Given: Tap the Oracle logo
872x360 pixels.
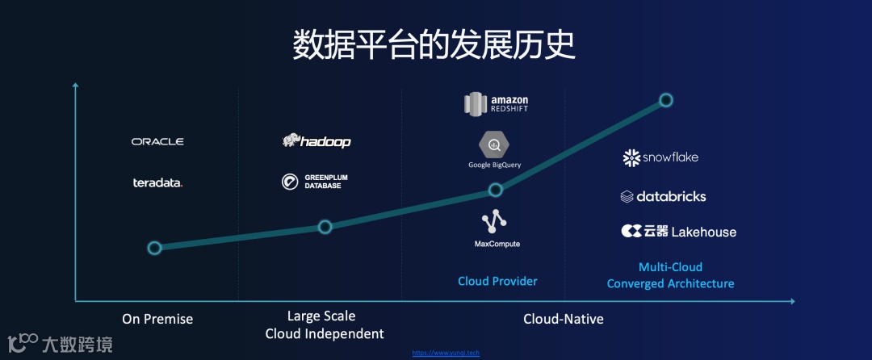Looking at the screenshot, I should pyautogui.click(x=157, y=141).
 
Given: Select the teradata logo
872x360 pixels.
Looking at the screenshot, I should pyautogui.click(x=157, y=182).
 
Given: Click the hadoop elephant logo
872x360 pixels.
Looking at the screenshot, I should pyautogui.click(x=317, y=141).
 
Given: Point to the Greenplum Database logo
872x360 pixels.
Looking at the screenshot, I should pyautogui.click(x=315, y=182).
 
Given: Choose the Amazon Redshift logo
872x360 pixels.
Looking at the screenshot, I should pyautogui.click(x=496, y=103).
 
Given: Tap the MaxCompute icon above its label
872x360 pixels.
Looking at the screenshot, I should pyautogui.click(x=494, y=220).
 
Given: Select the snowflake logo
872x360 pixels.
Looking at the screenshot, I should pyautogui.click(x=660, y=158).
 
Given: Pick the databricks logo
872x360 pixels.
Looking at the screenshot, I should pyautogui.click(x=663, y=196).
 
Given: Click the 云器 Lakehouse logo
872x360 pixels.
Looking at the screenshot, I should pyautogui.click(x=678, y=232).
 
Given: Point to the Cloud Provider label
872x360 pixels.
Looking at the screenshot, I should pyautogui.click(x=497, y=281).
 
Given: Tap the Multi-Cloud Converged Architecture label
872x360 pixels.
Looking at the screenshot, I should pyautogui.click(x=670, y=275).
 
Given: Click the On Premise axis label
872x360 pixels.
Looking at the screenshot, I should pyautogui.click(x=157, y=319).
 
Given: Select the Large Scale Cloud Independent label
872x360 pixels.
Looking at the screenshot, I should pyautogui.click(x=324, y=324).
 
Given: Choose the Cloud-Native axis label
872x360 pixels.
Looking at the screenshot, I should pyautogui.click(x=563, y=319).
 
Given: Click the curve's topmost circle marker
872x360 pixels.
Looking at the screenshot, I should pyautogui.click(x=666, y=100).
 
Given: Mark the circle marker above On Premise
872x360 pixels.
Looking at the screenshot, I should pyautogui.click(x=154, y=248).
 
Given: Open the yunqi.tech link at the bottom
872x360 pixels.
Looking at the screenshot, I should pyautogui.click(x=446, y=353).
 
